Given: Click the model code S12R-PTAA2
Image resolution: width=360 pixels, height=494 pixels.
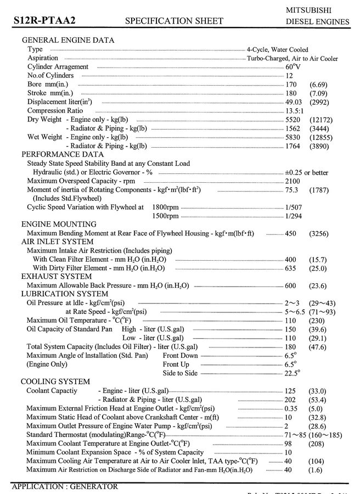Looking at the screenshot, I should pyautogui.click(x=44, y=21).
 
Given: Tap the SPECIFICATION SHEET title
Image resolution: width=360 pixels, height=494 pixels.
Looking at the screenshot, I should pyautogui.click(x=174, y=21).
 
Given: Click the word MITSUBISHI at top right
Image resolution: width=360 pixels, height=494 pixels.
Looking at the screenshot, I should pyautogui.click(x=317, y=10).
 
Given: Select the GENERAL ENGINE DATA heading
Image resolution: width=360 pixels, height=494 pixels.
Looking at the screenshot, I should pyautogui.click(x=67, y=40).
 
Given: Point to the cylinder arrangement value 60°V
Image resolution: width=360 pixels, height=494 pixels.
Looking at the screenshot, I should pyautogui.click(x=293, y=66).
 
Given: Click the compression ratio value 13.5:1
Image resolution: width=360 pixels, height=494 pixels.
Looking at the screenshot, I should pyautogui.click(x=295, y=110).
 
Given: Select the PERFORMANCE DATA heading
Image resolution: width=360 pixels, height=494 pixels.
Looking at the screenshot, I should pyautogui.click(x=62, y=154).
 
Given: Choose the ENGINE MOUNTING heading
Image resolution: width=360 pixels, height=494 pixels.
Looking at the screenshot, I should pyautogui.click(x=59, y=224).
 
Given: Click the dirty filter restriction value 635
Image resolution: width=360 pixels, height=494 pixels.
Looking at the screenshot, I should pyautogui.click(x=290, y=268).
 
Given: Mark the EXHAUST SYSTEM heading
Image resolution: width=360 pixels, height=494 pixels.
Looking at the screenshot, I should pyautogui.click(x=57, y=277).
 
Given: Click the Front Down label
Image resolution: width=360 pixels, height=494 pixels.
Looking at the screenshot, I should pyautogui.click(x=180, y=356).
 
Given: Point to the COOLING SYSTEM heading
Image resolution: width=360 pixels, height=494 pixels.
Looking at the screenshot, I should pyautogui.click(x=55, y=381).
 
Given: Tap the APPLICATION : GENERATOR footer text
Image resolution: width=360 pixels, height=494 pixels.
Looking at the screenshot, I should pyautogui.click(x=65, y=486).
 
